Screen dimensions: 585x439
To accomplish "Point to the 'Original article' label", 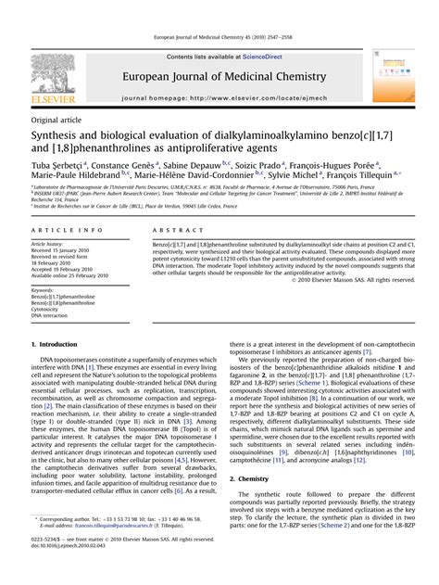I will pos(55,120).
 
